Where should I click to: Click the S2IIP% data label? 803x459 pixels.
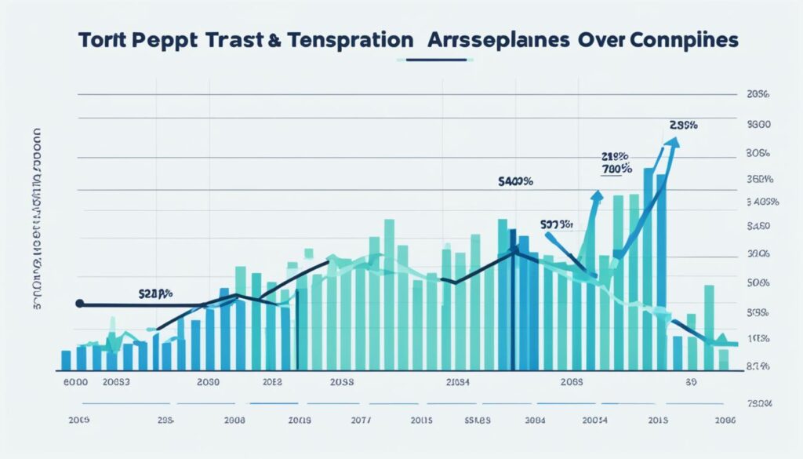point(155,294)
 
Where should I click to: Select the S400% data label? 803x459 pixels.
point(516,181)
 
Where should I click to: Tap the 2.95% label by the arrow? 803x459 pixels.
point(684,125)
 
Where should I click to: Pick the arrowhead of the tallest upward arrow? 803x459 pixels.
point(673,142)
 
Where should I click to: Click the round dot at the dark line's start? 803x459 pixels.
point(78,303)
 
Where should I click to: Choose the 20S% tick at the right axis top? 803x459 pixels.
point(759,94)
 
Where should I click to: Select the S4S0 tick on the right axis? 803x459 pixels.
point(759,228)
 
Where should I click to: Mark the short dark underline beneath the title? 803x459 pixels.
point(440,60)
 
